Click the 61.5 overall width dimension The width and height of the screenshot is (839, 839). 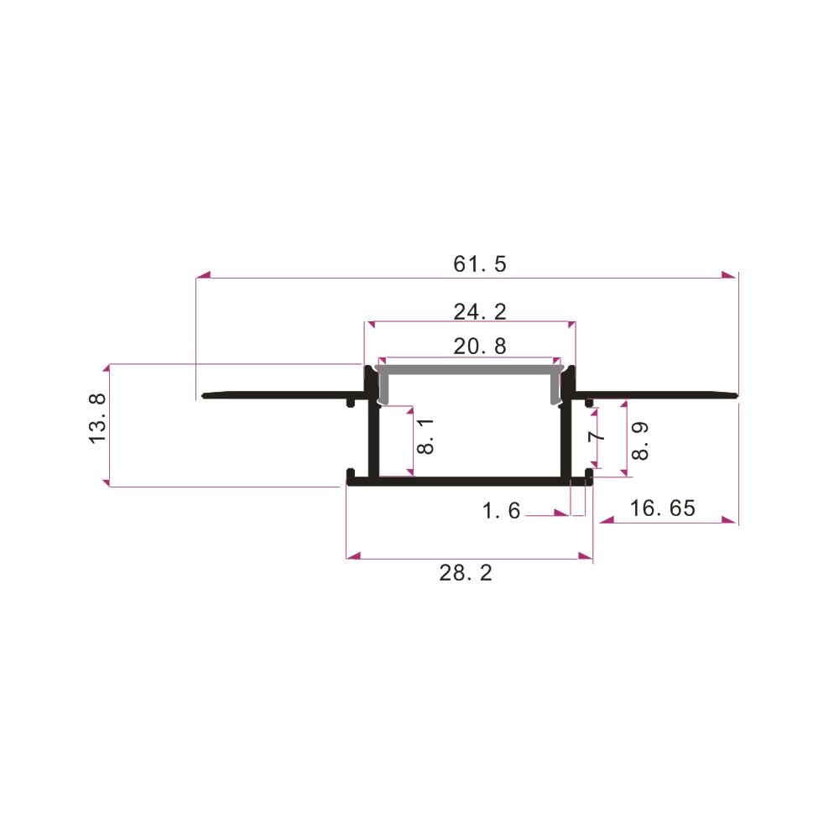point(479,264)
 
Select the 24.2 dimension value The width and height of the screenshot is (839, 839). point(479,311)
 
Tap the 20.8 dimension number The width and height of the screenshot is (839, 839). point(479,347)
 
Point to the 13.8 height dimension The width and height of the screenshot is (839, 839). point(98,418)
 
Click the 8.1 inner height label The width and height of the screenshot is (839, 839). point(425,436)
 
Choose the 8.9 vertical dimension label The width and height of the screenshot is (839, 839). point(640,441)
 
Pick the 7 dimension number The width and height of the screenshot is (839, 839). point(596,436)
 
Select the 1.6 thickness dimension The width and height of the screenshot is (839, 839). point(501,510)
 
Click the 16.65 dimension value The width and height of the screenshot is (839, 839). point(663,508)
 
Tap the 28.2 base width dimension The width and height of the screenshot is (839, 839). point(466,573)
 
